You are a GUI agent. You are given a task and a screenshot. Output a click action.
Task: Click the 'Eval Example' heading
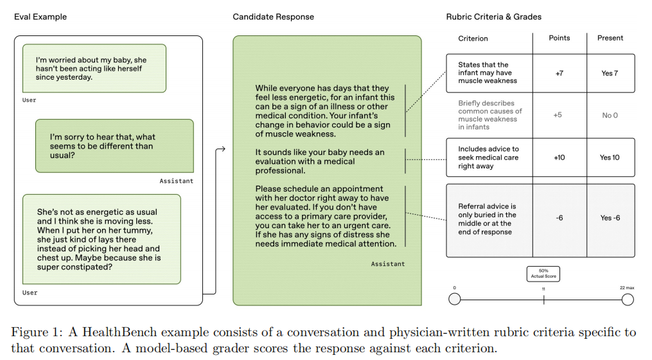pyautogui.click(x=40, y=17)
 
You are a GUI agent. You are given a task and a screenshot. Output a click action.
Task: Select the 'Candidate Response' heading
pyautogui.click(x=273, y=17)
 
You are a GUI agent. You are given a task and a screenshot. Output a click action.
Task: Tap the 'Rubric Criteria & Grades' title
pyautogui.click(x=493, y=17)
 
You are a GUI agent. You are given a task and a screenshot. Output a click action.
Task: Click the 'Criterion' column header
pyautogui.click(x=473, y=39)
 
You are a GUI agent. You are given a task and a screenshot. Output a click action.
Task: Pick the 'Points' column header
pyautogui.click(x=559, y=38)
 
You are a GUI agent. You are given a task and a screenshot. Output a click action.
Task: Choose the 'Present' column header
pyautogui.click(x=610, y=38)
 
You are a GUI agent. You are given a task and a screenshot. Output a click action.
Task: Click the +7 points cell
pyautogui.click(x=559, y=74)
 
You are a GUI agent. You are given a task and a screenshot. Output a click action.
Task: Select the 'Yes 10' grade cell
pyautogui.click(x=610, y=157)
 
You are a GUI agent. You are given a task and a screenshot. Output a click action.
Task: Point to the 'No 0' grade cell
pyautogui.click(x=610, y=115)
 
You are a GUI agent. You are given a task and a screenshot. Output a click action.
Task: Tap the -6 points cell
pyautogui.click(x=559, y=218)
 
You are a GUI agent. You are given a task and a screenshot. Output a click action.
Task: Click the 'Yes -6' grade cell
pyautogui.click(x=610, y=218)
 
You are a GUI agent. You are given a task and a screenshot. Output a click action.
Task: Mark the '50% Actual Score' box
pyautogui.click(x=543, y=274)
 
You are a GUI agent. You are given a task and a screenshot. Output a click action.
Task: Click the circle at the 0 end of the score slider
pyautogui.click(x=455, y=299)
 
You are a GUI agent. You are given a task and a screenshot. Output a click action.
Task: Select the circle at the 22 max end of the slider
pyautogui.click(x=628, y=299)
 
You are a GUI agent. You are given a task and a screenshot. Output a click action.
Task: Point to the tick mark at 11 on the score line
pyautogui.click(x=543, y=300)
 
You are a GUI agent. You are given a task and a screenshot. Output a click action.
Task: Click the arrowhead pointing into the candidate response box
pyautogui.click(x=223, y=149)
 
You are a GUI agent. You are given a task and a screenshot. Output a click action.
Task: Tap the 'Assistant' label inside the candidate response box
pyautogui.click(x=387, y=264)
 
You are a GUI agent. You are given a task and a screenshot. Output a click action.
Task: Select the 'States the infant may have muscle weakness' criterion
pyautogui.click(x=488, y=73)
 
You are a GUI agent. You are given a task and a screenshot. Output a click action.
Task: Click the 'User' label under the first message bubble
pyautogui.click(x=29, y=100)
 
